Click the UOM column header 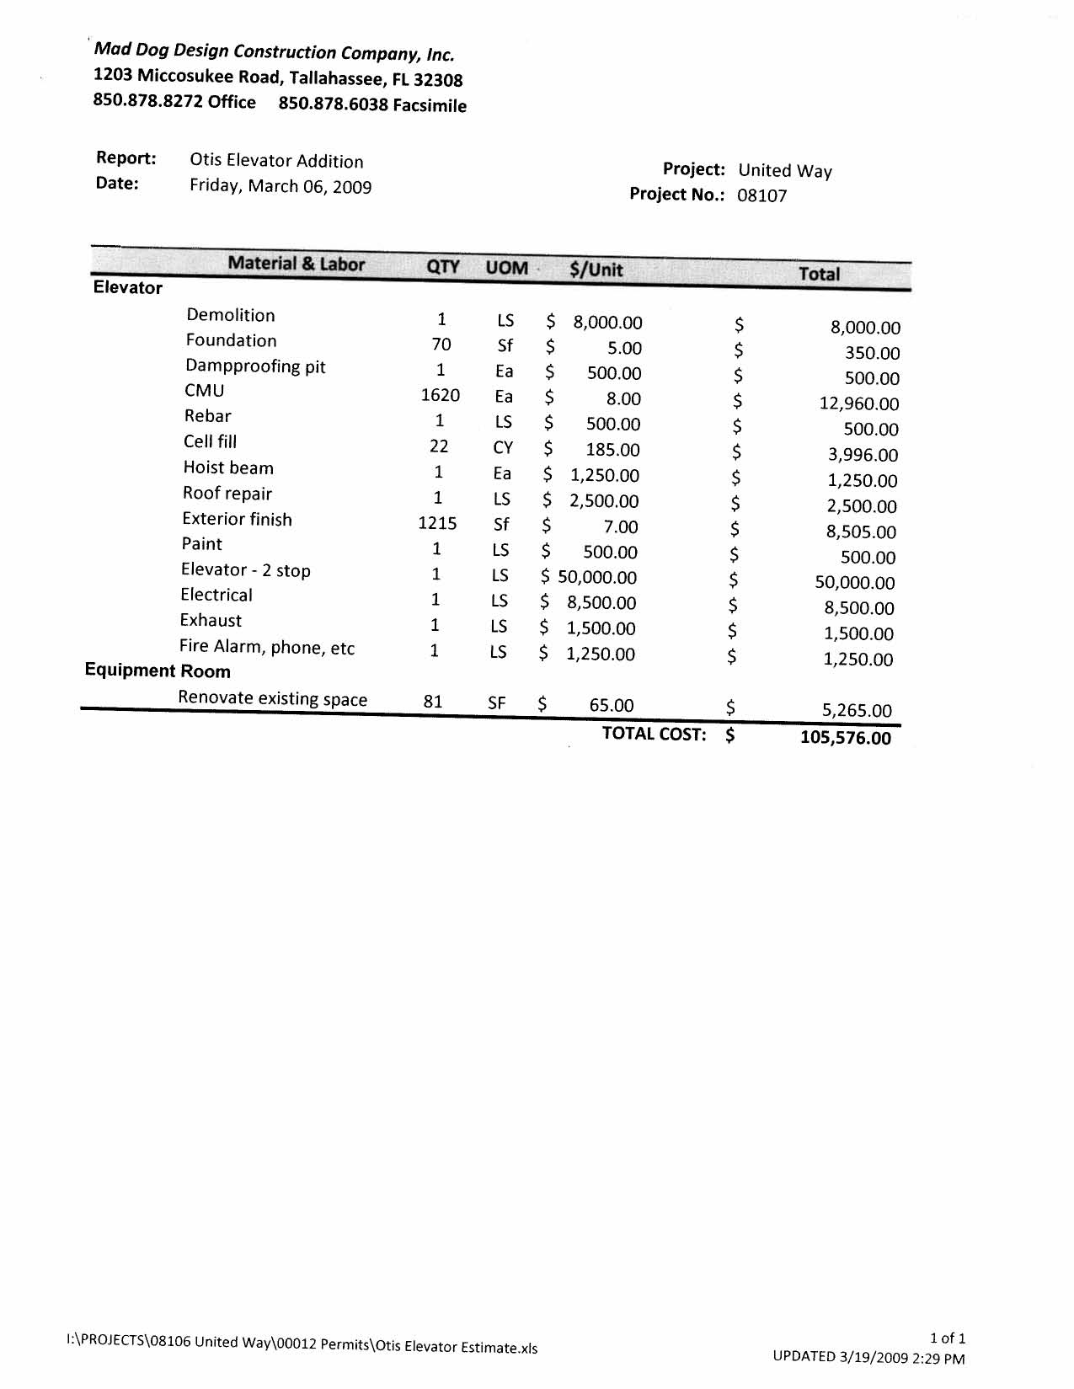pos(506,268)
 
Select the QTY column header pos(443,267)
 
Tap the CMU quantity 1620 pos(440,395)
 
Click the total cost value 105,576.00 pos(845,738)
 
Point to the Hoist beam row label pos(228,468)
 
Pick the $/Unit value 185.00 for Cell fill pos(612,450)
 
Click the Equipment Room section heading pos(158,671)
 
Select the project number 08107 pos(761,196)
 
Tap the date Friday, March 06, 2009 pos(281,186)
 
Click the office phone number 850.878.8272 pos(147,101)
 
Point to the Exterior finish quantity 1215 pos(437,523)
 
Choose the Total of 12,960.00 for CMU pos(859,404)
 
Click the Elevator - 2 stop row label pos(245,570)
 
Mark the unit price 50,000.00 pos(597,578)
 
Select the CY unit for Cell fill pos(503,448)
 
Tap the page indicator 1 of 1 pos(948,1338)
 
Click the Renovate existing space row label pos(272,699)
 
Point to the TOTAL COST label pos(654,734)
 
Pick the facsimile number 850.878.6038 pos(333,104)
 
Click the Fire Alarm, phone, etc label pos(267,648)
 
